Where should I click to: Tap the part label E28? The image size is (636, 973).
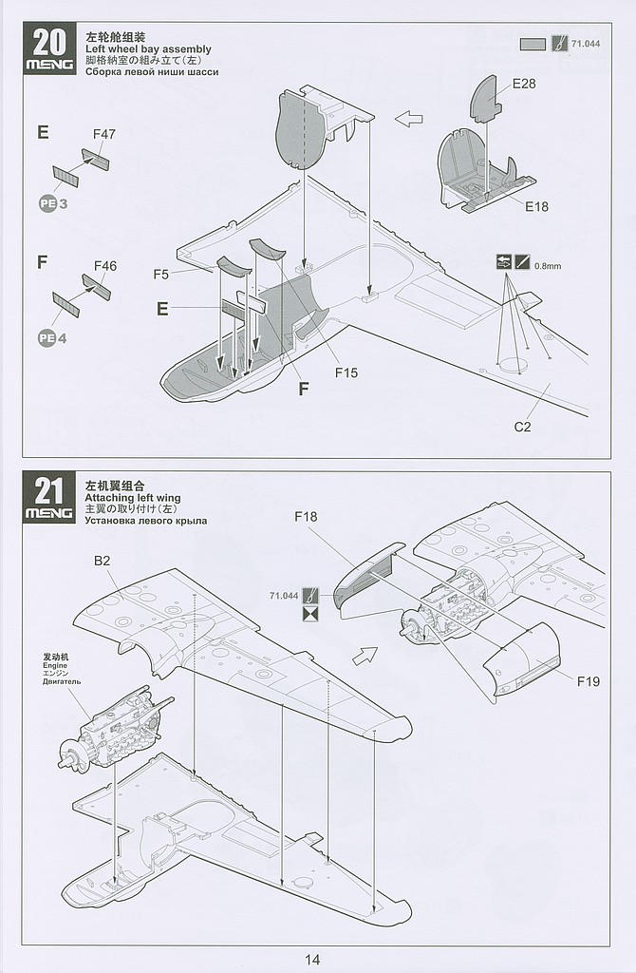click(524, 84)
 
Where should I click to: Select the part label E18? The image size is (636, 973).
click(534, 206)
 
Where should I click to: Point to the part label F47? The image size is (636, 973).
click(104, 134)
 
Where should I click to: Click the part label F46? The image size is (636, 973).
click(105, 266)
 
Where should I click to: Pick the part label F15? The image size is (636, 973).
click(346, 372)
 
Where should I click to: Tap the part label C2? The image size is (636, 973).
click(522, 427)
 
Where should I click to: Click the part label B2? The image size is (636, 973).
click(103, 561)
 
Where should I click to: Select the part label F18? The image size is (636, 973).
click(306, 516)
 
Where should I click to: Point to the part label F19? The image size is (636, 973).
click(588, 681)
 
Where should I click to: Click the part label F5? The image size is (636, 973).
click(160, 275)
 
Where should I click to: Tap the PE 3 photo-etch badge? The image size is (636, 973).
click(53, 203)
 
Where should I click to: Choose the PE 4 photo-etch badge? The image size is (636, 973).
click(53, 336)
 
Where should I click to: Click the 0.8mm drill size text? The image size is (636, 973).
click(548, 266)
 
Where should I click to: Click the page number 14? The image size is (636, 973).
click(313, 960)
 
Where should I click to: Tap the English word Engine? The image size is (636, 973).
click(56, 665)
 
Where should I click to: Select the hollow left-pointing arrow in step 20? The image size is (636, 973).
click(408, 119)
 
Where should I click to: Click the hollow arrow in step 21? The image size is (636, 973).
click(364, 656)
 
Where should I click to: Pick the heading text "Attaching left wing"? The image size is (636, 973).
click(132, 498)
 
